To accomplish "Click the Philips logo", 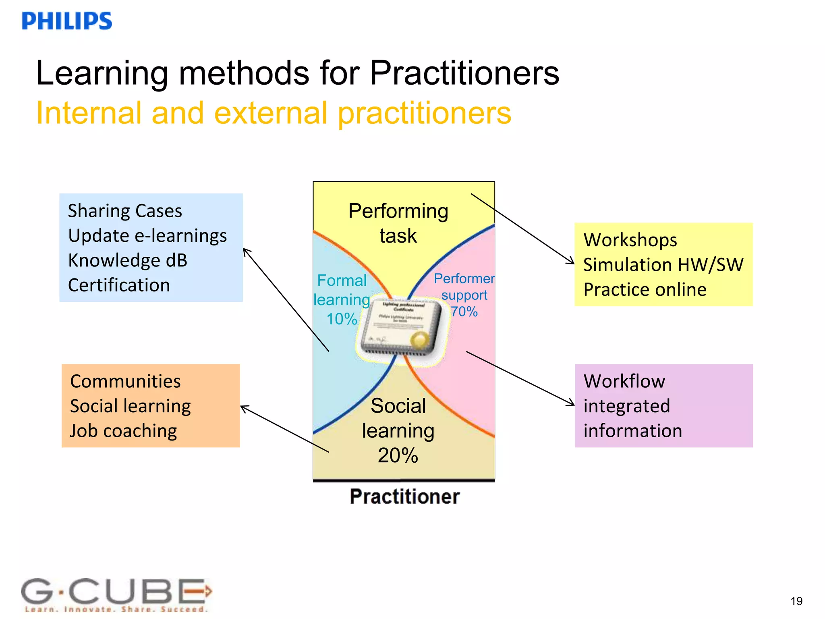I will [x=67, y=21].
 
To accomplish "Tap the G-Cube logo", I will [x=116, y=594].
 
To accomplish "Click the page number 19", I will [x=796, y=601].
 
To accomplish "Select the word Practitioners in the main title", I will [x=464, y=73].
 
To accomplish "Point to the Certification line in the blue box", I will [x=119, y=285].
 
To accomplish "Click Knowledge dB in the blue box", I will [x=128, y=260].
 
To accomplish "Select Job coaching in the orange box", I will [x=123, y=431].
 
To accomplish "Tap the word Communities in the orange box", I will [x=125, y=381].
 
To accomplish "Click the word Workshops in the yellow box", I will [x=630, y=240].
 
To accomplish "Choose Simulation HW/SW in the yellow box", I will [x=663, y=265].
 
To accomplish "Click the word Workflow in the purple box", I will [x=624, y=381].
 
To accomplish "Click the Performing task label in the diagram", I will [x=398, y=223].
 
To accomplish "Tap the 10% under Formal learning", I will [x=342, y=319].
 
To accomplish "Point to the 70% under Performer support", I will [x=464, y=312].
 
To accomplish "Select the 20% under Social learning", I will [x=398, y=455].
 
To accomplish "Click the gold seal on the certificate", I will [x=420, y=341].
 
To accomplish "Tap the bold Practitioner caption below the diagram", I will [x=404, y=496].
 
